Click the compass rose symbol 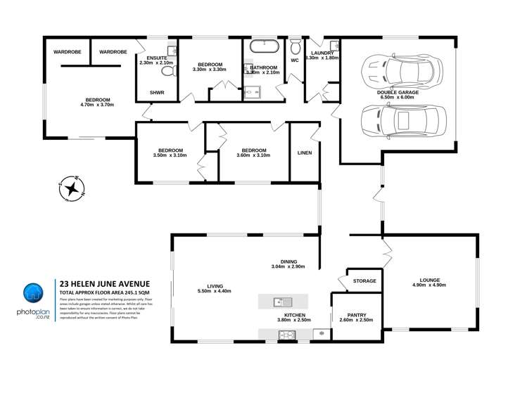pos(71,188)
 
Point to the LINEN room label pos(304,153)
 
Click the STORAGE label pos(364,281)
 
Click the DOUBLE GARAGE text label pos(397,91)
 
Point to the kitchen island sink pos(278,302)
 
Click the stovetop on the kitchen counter pos(287,334)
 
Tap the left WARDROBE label pos(68,52)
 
